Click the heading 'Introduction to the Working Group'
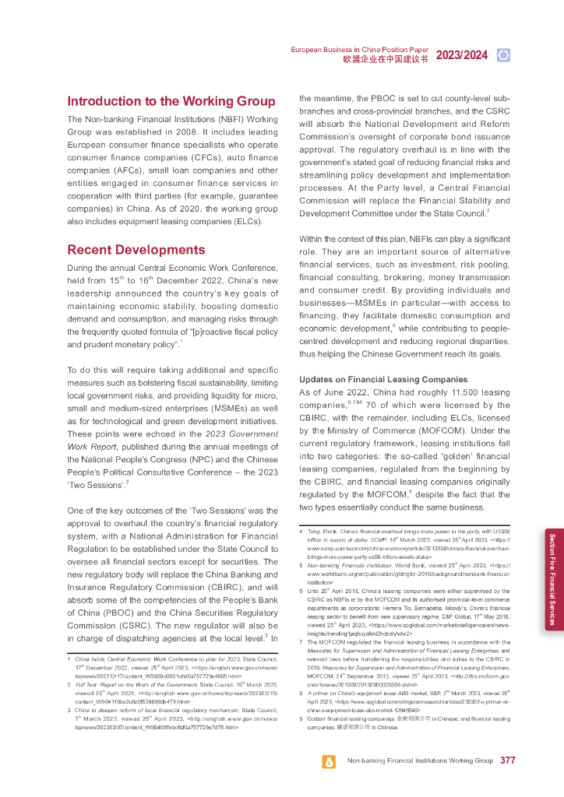pyautogui.click(x=171, y=101)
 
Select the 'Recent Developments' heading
pyautogui.click(x=136, y=250)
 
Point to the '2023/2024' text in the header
pyautogui.click(x=461, y=54)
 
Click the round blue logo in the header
pyautogui.click(x=503, y=54)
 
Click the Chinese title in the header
pyautogui.click(x=386, y=59)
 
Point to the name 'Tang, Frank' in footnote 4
pyautogui.click(x=322, y=532)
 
